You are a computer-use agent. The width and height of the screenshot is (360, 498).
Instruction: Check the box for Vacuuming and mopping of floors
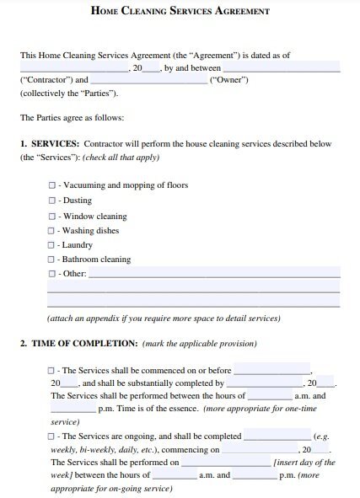tap(52, 185)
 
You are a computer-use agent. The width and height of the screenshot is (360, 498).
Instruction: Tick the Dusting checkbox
tap(52, 201)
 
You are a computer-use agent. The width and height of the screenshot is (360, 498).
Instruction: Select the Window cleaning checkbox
tap(52, 216)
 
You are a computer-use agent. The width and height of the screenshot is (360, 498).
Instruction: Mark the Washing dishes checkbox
tap(52, 231)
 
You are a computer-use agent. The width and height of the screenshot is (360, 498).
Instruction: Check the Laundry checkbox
tap(52, 245)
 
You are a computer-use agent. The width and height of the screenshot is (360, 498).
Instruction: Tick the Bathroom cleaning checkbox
tap(52, 260)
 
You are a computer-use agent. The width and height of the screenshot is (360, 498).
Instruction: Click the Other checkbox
tap(52, 275)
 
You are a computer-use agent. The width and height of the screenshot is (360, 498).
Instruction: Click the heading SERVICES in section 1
tap(55, 144)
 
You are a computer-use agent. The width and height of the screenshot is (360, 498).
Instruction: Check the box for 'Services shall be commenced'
tap(52, 371)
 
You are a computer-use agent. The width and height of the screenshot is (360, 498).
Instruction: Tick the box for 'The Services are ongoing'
tap(52, 437)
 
